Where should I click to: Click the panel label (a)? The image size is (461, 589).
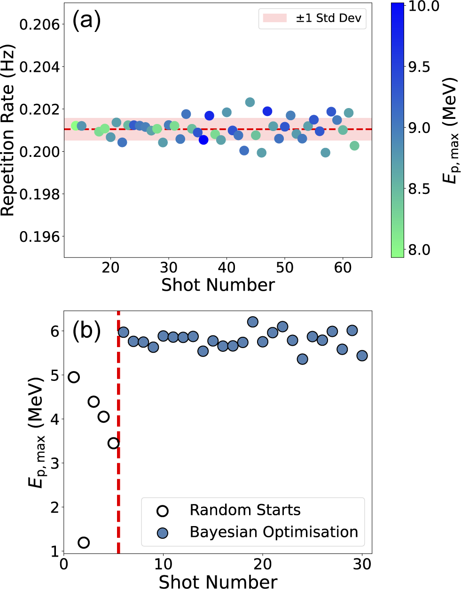click(86, 21)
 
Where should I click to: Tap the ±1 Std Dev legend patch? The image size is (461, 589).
click(275, 18)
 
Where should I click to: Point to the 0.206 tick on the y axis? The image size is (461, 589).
click(40, 24)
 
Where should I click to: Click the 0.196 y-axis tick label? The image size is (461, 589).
click(40, 237)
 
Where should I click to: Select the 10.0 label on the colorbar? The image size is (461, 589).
click(423, 6)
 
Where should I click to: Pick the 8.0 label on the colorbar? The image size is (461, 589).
click(419, 249)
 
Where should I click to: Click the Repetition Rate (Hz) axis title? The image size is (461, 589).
click(8, 131)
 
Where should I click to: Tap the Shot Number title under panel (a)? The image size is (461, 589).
click(218, 285)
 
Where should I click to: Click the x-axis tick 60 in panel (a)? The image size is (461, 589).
click(343, 268)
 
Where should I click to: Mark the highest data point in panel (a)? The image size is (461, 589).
click(250, 102)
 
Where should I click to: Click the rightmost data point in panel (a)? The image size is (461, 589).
click(354, 146)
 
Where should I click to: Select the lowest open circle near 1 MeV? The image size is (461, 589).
click(84, 542)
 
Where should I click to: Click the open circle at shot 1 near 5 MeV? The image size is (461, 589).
click(74, 377)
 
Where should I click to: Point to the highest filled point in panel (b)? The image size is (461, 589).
click(253, 322)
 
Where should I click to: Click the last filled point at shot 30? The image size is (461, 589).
click(362, 356)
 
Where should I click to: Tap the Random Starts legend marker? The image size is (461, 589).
click(163, 511)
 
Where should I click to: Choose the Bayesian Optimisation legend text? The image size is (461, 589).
click(273, 532)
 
